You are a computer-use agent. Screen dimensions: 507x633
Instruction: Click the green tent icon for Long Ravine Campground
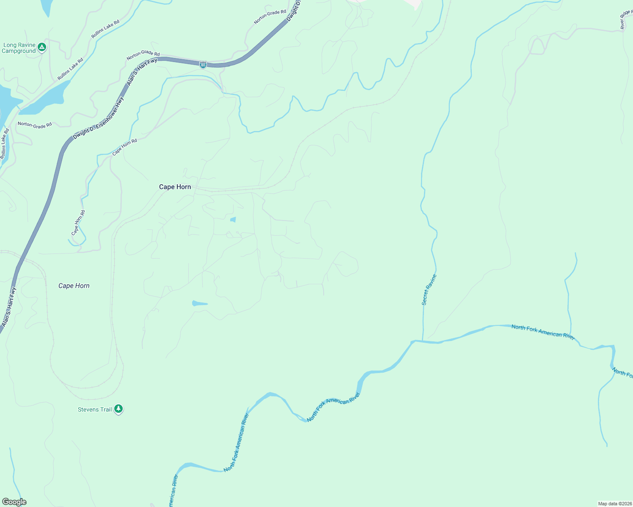(41, 47)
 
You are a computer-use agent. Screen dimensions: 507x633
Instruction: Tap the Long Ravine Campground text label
(19, 48)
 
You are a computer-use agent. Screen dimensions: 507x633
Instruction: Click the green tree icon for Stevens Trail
(119, 409)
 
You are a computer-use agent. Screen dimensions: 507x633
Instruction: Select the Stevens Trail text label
(95, 409)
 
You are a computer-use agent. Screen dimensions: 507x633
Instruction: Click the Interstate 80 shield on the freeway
(203, 65)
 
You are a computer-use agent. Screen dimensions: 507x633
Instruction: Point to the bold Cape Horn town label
(175, 187)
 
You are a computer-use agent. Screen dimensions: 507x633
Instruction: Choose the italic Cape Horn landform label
(74, 286)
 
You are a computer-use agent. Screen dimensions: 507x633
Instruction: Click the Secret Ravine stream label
(429, 290)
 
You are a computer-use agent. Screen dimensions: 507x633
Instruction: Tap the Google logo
(14, 502)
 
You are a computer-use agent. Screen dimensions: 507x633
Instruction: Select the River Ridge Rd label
(625, 19)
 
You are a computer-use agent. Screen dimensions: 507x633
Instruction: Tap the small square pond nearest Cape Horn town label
(233, 219)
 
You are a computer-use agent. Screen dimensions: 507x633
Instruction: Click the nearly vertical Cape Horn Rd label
(78, 223)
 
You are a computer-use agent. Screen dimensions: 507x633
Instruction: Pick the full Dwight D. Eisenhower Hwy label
(98, 118)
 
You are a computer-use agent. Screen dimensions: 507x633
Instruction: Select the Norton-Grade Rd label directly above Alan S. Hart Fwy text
(143, 54)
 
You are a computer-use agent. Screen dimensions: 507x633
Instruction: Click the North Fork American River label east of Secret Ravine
(543, 332)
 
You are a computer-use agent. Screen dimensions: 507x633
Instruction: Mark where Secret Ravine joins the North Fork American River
(423, 341)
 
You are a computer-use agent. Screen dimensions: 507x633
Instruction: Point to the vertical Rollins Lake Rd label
(5, 144)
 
